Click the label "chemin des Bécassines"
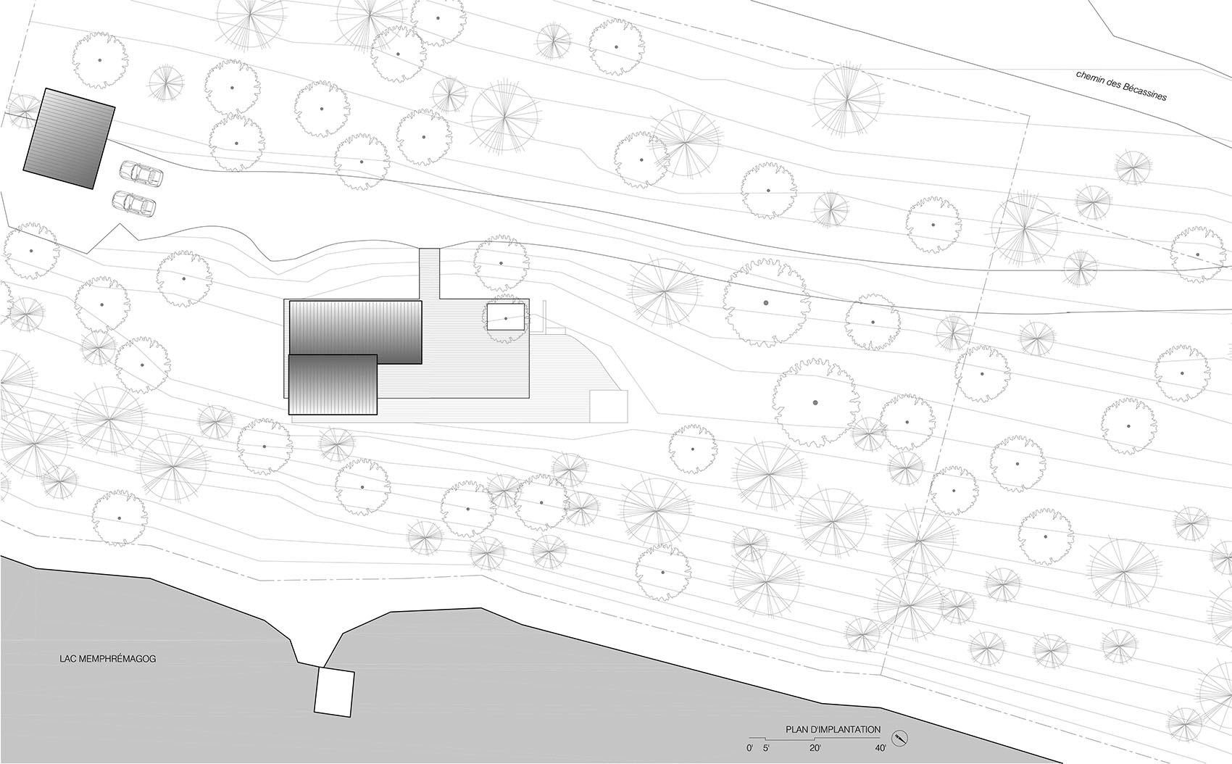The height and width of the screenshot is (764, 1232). tap(1121, 86)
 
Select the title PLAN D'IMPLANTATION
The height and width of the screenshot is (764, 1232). tap(833, 730)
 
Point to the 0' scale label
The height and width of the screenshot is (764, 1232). tap(749, 748)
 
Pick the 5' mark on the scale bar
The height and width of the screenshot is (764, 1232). tap(767, 748)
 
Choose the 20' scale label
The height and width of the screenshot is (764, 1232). tap(815, 748)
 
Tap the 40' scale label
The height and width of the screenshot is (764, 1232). tap(881, 748)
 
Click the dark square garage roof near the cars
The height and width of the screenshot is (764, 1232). tap(70, 138)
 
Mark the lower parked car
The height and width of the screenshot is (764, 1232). tap(133, 204)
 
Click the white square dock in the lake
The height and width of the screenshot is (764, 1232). tap(334, 692)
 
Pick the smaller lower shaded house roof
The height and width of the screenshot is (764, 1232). tap(333, 384)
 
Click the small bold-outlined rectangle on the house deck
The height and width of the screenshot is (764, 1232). tap(505, 316)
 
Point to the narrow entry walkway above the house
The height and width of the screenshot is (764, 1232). tap(429, 274)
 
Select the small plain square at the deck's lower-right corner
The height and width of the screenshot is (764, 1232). tap(608, 407)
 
